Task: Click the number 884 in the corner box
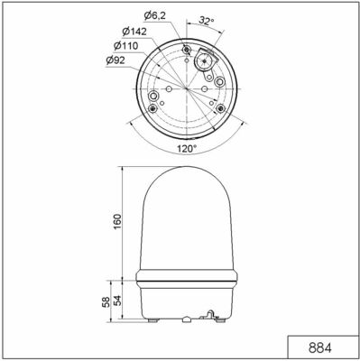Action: (322, 348)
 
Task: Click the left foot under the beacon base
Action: (153, 320)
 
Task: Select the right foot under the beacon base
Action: (225, 320)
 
